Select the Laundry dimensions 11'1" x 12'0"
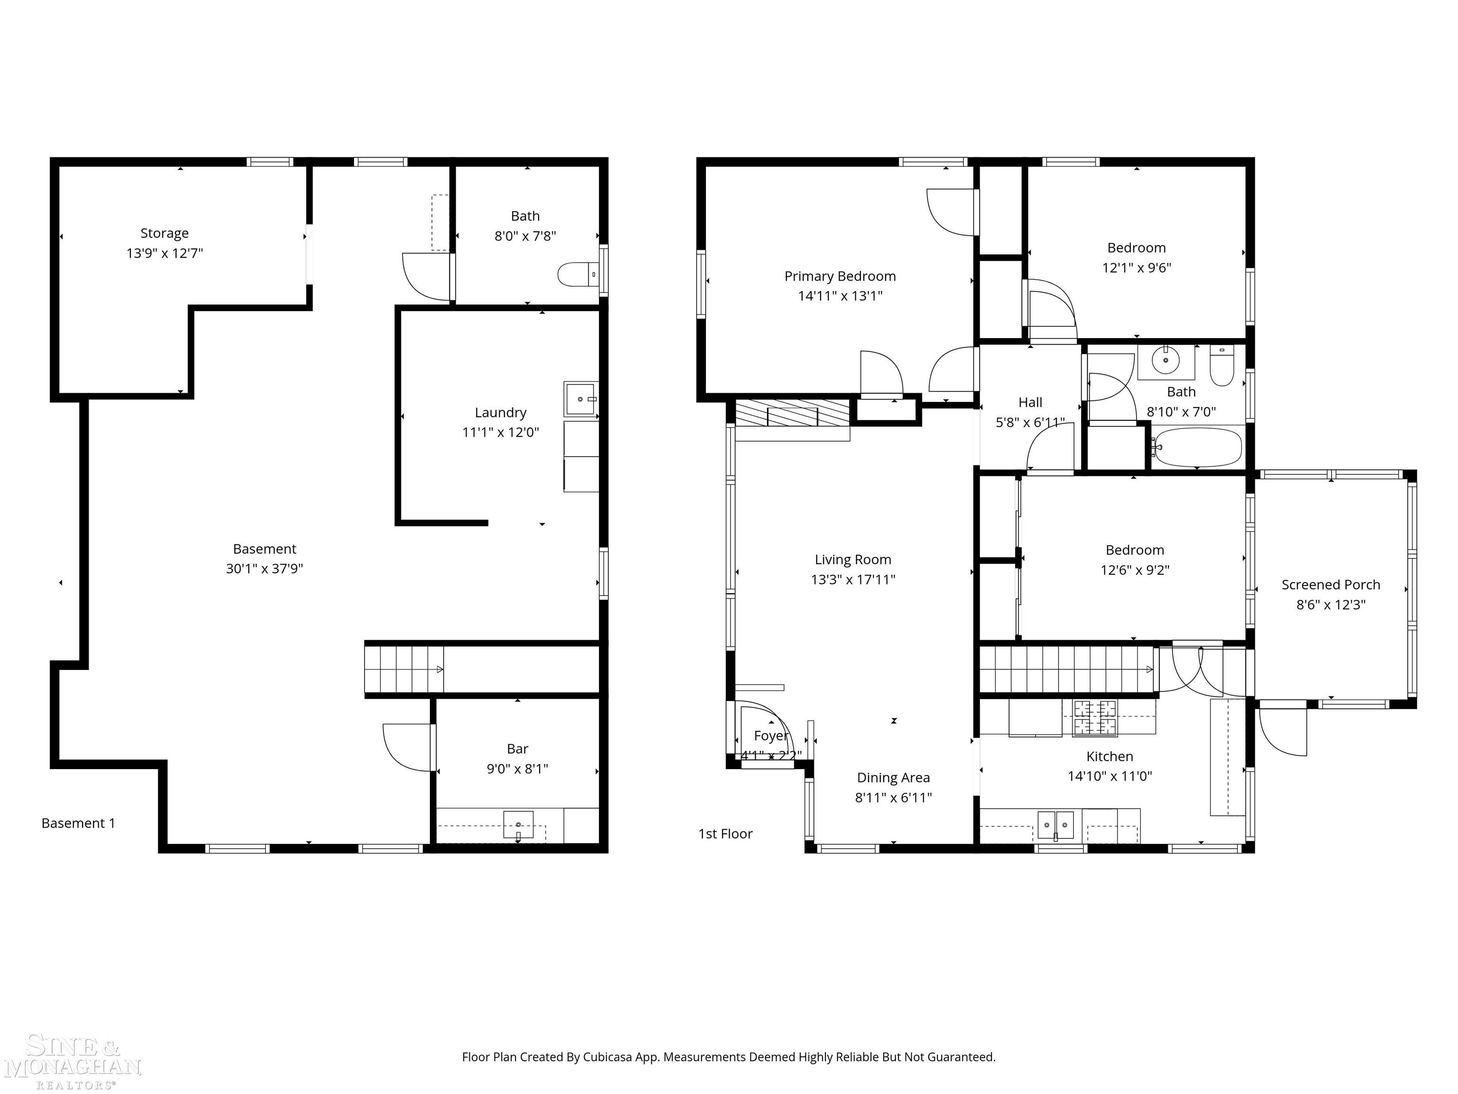point(500,433)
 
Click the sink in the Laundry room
point(581,398)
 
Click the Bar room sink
point(519,825)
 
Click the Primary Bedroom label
point(839,276)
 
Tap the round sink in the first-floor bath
point(1165,360)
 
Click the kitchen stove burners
point(1095,718)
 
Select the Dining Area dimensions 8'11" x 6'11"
point(893,798)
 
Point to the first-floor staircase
point(1066,670)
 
